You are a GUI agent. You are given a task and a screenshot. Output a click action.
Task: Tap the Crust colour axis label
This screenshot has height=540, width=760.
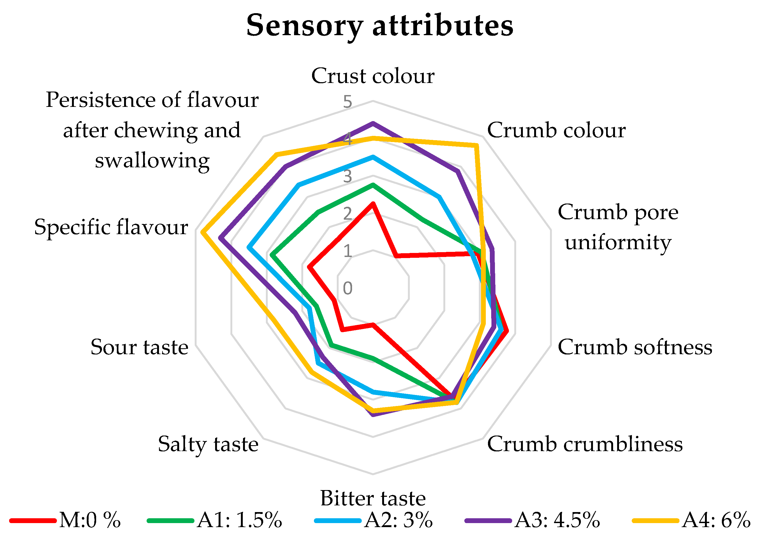point(373,76)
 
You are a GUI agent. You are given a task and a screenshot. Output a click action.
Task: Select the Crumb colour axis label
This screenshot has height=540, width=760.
point(556,130)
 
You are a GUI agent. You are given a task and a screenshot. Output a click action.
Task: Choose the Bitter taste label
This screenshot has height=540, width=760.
point(373,498)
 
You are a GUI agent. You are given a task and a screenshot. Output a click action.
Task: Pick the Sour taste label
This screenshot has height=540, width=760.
point(139,347)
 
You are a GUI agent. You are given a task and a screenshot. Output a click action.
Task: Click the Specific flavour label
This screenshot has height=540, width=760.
point(111,227)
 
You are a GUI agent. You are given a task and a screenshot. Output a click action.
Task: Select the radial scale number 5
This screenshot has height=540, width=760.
point(348,102)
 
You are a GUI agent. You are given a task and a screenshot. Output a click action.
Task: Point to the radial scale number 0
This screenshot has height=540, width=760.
point(348,288)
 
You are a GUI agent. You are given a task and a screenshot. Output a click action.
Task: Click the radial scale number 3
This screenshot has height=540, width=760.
point(348,176)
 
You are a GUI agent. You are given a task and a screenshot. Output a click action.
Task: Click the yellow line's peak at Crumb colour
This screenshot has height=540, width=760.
point(477,145)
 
